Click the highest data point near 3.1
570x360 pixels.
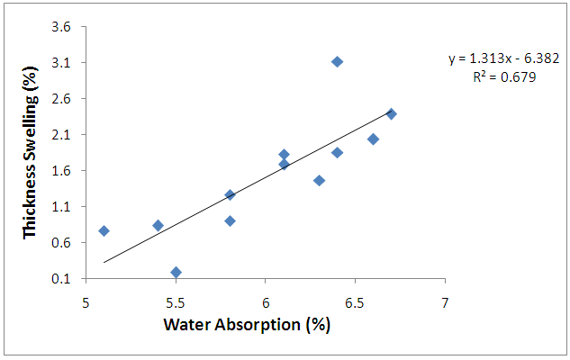(x=337, y=61)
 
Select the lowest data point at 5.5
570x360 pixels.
(x=176, y=272)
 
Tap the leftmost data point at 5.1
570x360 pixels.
(x=104, y=230)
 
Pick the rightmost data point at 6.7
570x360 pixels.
(x=391, y=113)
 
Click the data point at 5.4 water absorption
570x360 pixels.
(x=158, y=225)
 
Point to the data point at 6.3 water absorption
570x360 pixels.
(x=319, y=180)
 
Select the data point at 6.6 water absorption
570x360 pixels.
(x=373, y=139)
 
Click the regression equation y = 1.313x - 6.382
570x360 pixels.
(x=505, y=59)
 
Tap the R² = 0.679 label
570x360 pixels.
(x=505, y=77)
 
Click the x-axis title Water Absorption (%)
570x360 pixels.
(x=247, y=323)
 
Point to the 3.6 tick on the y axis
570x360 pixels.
(x=60, y=27)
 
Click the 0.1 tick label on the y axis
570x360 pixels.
(x=60, y=279)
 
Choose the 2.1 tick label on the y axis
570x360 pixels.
(x=60, y=135)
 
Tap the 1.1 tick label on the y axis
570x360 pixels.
(x=60, y=207)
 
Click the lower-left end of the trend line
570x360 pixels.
(x=104, y=262)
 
